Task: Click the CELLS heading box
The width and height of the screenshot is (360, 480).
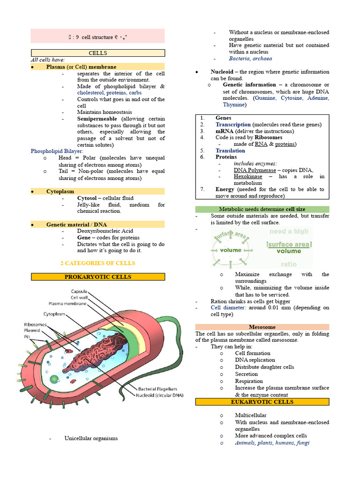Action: click(98, 53)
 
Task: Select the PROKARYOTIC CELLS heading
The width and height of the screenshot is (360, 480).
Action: click(98, 277)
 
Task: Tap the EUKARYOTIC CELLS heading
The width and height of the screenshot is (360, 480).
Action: click(262, 402)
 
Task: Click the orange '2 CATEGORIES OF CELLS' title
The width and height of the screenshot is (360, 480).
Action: click(98, 263)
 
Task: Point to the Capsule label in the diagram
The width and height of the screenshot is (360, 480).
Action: click(79, 291)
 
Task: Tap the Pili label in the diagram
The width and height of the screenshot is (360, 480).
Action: click(29, 337)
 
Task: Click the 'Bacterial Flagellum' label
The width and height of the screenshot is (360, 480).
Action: click(157, 389)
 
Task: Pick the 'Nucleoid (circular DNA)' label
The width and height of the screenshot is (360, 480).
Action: click(160, 395)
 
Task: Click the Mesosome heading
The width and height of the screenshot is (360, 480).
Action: click(262, 327)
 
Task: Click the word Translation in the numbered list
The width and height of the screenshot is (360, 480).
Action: click(230, 150)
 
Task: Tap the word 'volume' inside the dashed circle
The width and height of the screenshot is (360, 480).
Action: click(231, 250)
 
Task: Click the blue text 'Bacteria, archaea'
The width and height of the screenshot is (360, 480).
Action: click(250, 59)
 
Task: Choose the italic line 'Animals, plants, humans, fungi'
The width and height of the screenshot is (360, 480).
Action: click(272, 442)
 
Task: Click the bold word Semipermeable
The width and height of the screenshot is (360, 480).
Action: click(96, 119)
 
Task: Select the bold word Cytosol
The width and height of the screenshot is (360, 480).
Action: click(88, 198)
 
